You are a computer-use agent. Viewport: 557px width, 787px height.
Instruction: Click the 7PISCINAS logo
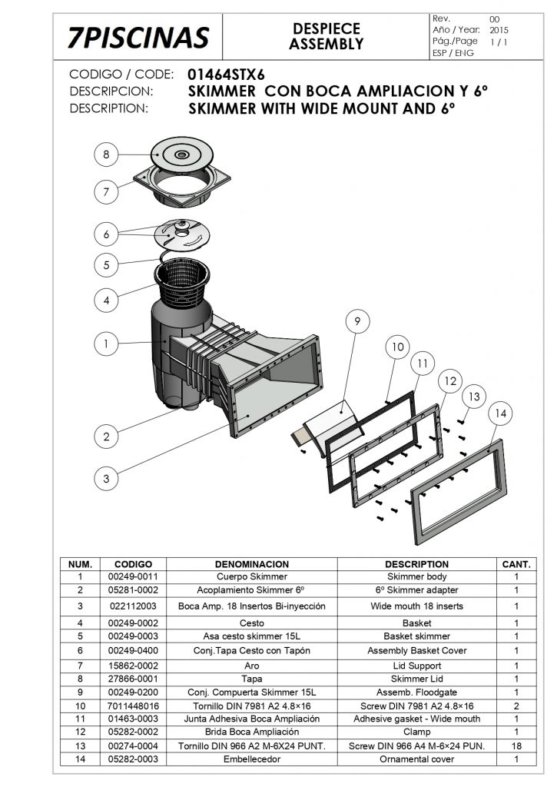pyautogui.click(x=138, y=36)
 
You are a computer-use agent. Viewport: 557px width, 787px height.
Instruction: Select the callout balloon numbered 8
pyautogui.click(x=107, y=154)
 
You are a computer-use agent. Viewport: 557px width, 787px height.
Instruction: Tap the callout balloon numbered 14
pyautogui.click(x=500, y=413)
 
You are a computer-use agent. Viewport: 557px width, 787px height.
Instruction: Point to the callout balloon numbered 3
pyautogui.click(x=107, y=478)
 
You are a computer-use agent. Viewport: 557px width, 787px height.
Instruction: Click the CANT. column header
pyautogui.click(x=515, y=564)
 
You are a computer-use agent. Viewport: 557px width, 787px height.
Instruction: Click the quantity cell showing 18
pyautogui.click(x=516, y=746)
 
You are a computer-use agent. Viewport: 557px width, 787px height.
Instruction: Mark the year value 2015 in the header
pyautogui.click(x=499, y=29)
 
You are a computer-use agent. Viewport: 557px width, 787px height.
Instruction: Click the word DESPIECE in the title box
pyautogui.click(x=327, y=28)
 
